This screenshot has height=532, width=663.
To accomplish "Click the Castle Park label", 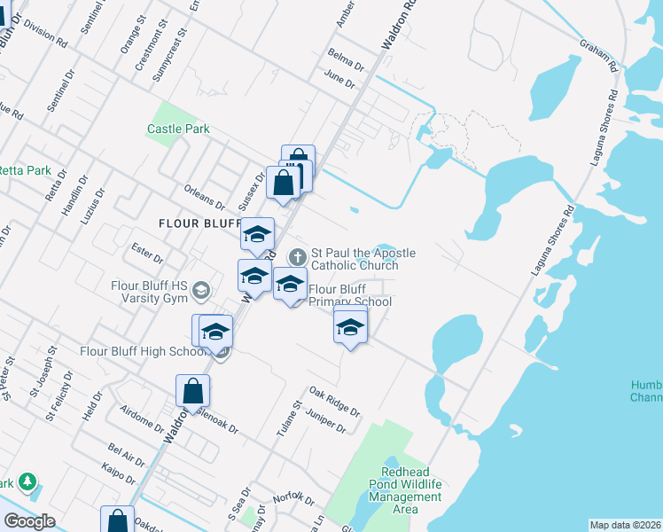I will [x=178, y=129].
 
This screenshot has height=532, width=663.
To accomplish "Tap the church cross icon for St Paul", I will [x=298, y=257].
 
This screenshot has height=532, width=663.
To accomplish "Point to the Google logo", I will [x=30, y=520].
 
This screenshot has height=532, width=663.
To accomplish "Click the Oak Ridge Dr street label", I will [x=334, y=402].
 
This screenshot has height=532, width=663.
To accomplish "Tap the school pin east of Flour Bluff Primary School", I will [x=351, y=327].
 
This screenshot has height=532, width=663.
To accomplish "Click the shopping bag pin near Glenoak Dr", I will [x=192, y=391].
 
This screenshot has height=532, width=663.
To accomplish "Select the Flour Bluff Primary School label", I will [x=349, y=295].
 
